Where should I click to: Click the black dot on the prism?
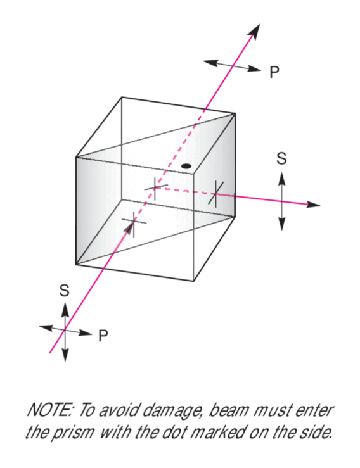[x=186, y=167]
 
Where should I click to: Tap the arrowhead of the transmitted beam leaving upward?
[x=254, y=31]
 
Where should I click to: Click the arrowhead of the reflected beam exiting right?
[x=313, y=205]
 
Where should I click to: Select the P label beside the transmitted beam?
[x=274, y=73]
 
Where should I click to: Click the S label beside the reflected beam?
[x=281, y=158]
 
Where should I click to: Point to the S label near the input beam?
[x=64, y=291]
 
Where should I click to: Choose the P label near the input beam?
[x=103, y=336]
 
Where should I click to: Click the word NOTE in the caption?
[x=49, y=410]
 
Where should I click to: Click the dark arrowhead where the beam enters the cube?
[x=129, y=229]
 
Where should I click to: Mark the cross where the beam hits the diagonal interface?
[x=155, y=187]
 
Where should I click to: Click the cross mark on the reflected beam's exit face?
[x=215, y=193]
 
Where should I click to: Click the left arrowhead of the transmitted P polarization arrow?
[x=210, y=63]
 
